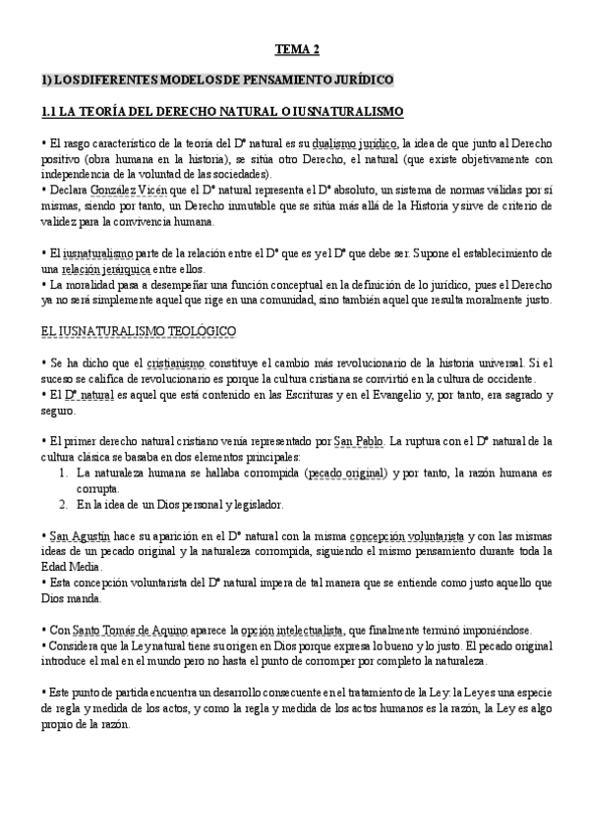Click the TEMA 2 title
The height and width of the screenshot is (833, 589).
click(294, 48)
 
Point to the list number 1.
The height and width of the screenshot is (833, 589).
click(62, 472)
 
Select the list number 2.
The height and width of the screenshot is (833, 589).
click(62, 504)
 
